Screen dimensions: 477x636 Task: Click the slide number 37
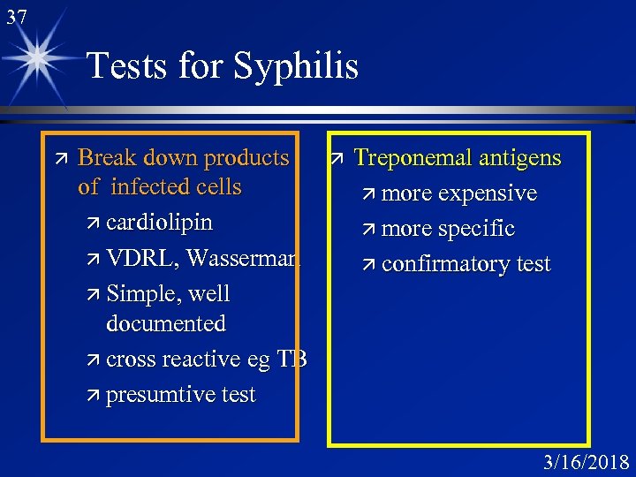[x=16, y=16]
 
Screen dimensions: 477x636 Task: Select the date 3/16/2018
[x=587, y=462]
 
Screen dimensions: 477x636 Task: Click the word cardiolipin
[x=159, y=222]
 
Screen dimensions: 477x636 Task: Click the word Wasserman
[x=244, y=258]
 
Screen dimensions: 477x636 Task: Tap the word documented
[x=165, y=323]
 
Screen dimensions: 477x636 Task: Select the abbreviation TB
[x=291, y=360]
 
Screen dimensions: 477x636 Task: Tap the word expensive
[x=487, y=193]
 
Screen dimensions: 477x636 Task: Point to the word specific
[x=476, y=229]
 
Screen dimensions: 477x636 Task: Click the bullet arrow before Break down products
[x=58, y=158]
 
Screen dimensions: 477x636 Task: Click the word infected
[x=151, y=186]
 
